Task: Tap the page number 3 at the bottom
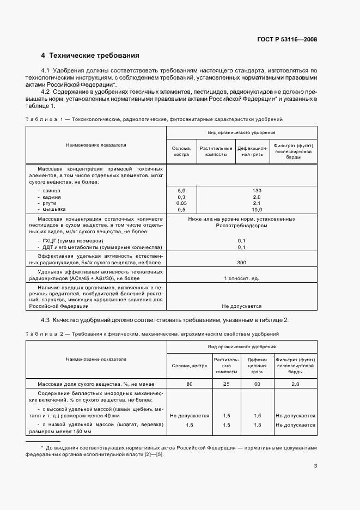pos(315,465)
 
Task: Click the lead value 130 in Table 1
pos(242,190)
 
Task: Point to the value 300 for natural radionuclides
pos(242,263)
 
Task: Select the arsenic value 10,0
pos(242,209)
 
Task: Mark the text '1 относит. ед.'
pos(242,278)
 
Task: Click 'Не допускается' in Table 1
pos(242,306)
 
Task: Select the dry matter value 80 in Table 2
pos(190,384)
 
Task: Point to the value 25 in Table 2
pos(226,384)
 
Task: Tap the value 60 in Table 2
pos(257,384)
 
